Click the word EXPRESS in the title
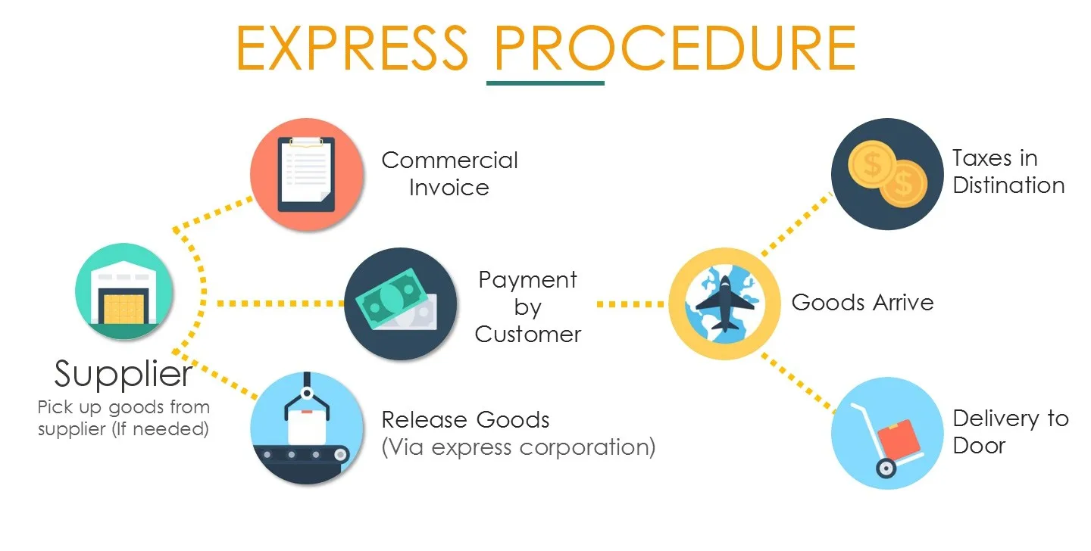coord(352,47)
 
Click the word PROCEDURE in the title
coord(674,47)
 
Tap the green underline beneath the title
coord(545,82)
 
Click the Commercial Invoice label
coord(449,173)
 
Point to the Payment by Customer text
coord(528,307)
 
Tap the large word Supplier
coord(123,373)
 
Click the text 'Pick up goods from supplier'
coord(123,418)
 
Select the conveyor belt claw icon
coord(307,428)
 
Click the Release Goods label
coord(465,419)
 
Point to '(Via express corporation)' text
coord(518,447)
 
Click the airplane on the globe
coord(724,304)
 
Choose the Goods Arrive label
coord(862,303)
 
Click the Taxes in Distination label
coord(1008,172)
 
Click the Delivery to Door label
coord(1010,431)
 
